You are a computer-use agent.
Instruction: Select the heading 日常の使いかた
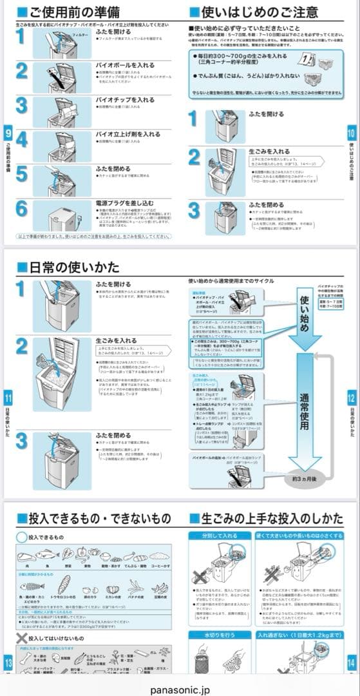pos(68,266)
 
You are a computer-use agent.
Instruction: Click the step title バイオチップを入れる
pos(125,100)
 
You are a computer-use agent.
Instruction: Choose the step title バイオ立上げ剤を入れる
pos(128,134)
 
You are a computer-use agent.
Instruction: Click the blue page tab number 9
pos(8,133)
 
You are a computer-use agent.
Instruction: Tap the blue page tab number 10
pos(352,133)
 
